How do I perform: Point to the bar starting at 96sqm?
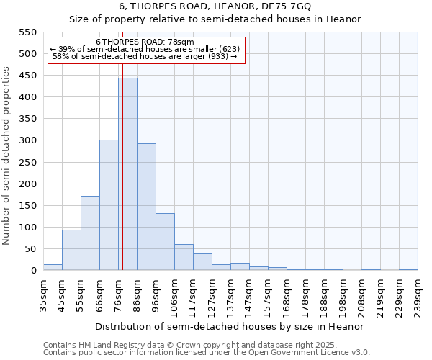point(165,242)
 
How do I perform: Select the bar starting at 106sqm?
point(184,258)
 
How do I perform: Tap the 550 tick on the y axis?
point(27,32)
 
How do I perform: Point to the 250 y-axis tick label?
point(27,163)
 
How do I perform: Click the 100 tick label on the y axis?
point(27,228)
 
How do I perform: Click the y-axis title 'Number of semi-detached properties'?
point(6,156)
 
